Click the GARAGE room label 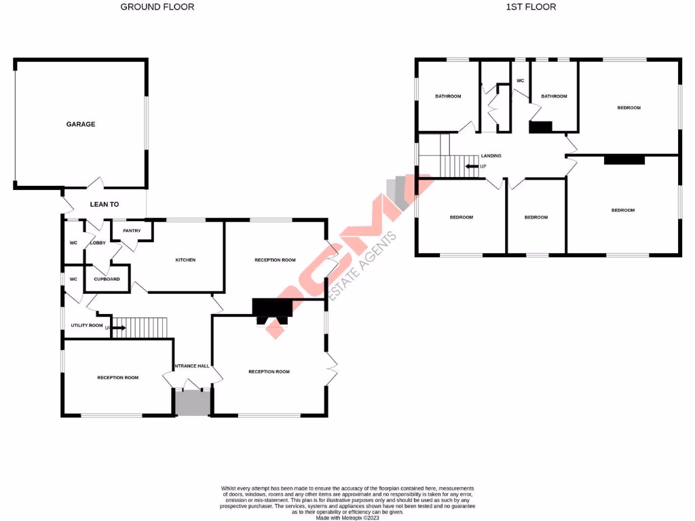(x=80, y=124)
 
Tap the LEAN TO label (x=105, y=204)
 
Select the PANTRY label (x=132, y=231)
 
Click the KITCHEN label (x=185, y=260)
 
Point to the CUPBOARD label (x=107, y=279)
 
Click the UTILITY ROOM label (x=87, y=326)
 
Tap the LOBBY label (x=98, y=243)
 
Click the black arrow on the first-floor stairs (x=471, y=166)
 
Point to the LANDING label (x=491, y=156)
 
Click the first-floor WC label (x=521, y=81)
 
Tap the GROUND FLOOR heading (x=157, y=7)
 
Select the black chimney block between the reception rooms (x=272, y=308)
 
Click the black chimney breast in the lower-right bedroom (x=624, y=160)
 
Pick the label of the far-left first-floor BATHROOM (x=448, y=96)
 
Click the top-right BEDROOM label (x=628, y=108)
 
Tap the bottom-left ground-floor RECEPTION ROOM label (x=117, y=377)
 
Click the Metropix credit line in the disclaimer (x=347, y=517)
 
